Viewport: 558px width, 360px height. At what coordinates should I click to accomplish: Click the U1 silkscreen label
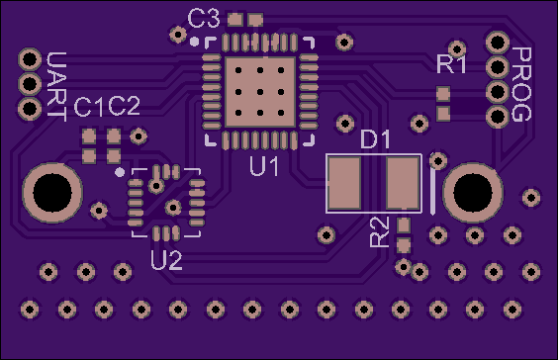click(264, 166)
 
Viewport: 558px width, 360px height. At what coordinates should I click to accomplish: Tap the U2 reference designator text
click(166, 260)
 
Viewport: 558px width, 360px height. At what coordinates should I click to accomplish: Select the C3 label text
click(204, 19)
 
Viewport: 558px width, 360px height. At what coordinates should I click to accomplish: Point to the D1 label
click(375, 139)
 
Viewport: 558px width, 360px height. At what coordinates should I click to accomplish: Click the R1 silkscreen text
click(451, 64)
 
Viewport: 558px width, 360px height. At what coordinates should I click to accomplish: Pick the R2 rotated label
click(379, 232)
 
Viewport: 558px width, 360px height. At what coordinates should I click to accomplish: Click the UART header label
click(57, 87)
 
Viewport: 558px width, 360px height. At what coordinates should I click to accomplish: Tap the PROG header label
click(521, 84)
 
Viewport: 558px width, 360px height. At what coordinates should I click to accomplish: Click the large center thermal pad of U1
click(260, 92)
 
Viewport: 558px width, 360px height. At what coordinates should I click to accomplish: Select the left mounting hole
click(52, 193)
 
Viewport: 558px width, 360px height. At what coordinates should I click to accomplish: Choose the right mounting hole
click(473, 193)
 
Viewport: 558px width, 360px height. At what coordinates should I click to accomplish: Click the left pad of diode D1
click(344, 184)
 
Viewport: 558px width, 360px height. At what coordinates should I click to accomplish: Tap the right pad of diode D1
click(403, 184)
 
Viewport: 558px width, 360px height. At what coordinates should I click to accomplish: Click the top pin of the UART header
click(30, 59)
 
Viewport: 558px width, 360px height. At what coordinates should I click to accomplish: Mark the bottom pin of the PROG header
click(497, 116)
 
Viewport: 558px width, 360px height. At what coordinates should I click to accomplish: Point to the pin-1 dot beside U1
click(194, 42)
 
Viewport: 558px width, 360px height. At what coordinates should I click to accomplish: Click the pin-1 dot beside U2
click(120, 172)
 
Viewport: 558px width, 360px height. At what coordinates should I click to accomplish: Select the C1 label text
click(88, 107)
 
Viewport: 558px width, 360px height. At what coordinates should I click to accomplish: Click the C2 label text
click(124, 107)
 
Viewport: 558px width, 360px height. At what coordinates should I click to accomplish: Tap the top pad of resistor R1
click(443, 94)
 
